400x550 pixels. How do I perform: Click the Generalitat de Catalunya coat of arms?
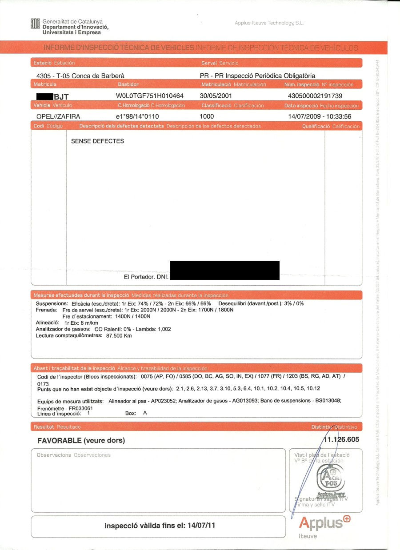(x=36, y=24)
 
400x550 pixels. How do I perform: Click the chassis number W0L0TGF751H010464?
(x=149, y=96)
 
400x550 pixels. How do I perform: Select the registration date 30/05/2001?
(x=216, y=96)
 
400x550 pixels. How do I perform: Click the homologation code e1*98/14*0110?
(x=137, y=116)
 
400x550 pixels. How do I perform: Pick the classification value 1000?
(x=207, y=116)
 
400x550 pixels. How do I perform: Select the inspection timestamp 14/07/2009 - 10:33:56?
(x=320, y=116)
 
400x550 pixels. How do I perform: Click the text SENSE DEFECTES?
(x=97, y=141)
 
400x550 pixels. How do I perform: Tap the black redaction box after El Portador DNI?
(x=224, y=270)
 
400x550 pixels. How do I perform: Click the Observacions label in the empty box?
(x=54, y=455)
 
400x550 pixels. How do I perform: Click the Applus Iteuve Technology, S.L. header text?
(x=269, y=23)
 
